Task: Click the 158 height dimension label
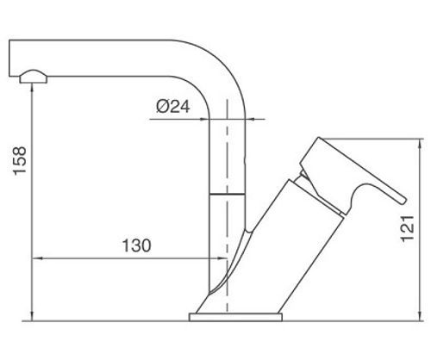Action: point(20,161)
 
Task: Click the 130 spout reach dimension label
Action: point(136,245)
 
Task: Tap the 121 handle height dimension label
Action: point(407,228)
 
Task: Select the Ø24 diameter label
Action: point(173,107)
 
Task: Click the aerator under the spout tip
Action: point(33,77)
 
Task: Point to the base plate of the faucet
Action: point(235,317)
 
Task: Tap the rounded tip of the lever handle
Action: point(403,200)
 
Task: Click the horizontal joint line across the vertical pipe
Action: point(227,195)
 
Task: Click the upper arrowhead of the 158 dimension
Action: point(32,88)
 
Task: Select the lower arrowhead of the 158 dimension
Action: point(32,316)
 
